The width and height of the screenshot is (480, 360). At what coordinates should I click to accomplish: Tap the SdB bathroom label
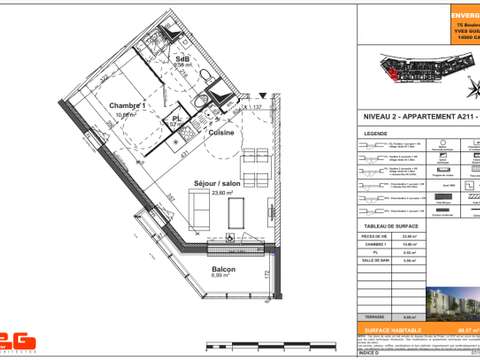pyautogui.click(x=182, y=60)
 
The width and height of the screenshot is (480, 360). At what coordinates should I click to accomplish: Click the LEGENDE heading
pyautogui.click(x=376, y=132)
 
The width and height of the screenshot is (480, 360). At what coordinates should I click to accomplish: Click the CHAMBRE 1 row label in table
pyautogui.click(x=376, y=243)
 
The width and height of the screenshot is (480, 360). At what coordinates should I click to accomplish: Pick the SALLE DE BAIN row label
pyautogui.click(x=377, y=259)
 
